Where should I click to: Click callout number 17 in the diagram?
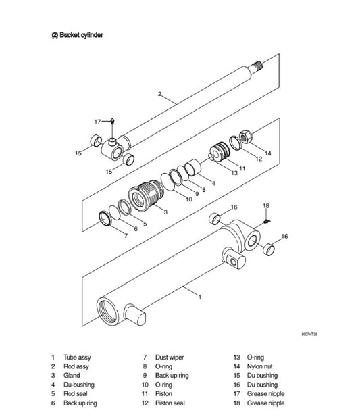click(x=97, y=122)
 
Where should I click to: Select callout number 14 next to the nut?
click(x=267, y=153)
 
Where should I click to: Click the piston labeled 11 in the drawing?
click(x=220, y=152)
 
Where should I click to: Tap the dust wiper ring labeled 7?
click(x=107, y=218)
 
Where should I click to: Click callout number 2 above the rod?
click(x=159, y=94)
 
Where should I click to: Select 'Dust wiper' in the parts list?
click(x=169, y=357)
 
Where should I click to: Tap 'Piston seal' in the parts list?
click(x=170, y=403)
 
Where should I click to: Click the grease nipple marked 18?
click(x=267, y=219)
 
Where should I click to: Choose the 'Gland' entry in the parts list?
click(x=72, y=376)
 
